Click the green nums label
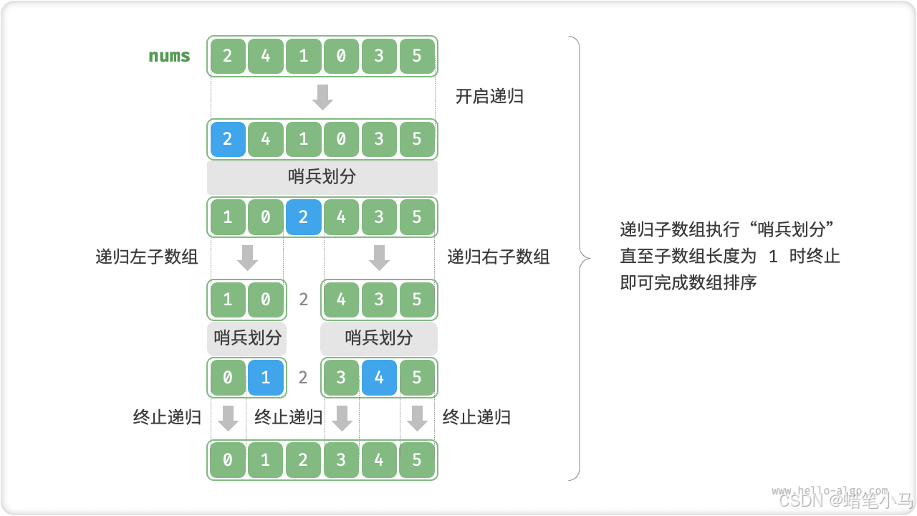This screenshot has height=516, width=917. (169, 56)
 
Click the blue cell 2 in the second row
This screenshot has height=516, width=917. (228, 139)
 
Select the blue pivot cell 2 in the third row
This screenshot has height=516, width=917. (303, 216)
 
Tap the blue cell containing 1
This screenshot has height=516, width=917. (266, 378)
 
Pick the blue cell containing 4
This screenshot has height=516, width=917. (379, 378)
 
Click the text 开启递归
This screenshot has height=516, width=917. (489, 97)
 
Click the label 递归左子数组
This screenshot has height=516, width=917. (147, 257)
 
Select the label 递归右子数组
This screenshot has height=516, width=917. (499, 257)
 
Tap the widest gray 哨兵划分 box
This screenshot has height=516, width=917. (322, 177)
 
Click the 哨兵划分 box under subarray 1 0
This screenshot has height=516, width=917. (247, 338)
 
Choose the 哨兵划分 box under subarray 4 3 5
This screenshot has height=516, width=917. (379, 338)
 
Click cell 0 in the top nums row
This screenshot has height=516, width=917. (341, 56)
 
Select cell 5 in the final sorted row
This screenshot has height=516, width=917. (417, 460)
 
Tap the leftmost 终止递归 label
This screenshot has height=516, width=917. (167, 418)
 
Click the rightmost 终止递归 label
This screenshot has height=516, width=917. (476, 418)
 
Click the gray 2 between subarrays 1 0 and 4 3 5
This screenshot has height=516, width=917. (303, 299)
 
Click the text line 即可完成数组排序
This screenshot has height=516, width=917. (688, 282)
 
